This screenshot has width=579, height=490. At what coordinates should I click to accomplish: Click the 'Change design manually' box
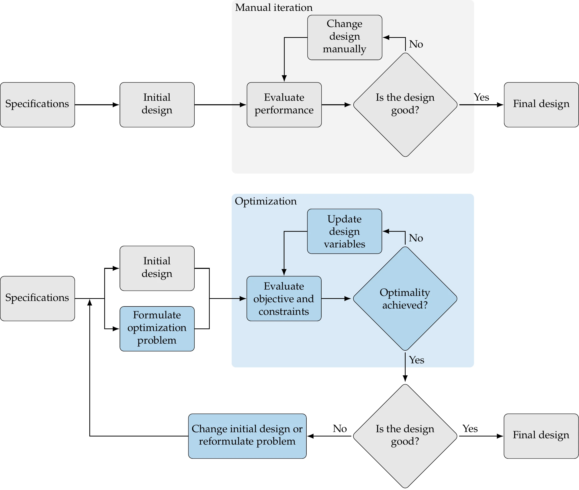[x=345, y=38]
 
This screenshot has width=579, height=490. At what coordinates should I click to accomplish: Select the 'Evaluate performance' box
[x=284, y=105]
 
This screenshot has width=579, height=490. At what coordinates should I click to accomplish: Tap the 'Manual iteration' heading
[x=274, y=8]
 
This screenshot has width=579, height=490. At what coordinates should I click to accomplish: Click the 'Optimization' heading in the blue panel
[x=266, y=201]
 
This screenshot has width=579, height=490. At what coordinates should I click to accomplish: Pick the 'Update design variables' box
[x=344, y=231]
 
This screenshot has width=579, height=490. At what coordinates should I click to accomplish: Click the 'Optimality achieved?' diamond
[x=405, y=299]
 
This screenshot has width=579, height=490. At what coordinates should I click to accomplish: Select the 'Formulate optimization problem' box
[x=157, y=329]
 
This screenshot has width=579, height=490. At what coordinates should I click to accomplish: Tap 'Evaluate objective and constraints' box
[x=284, y=299]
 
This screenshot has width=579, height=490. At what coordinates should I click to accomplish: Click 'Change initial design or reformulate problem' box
[x=247, y=436]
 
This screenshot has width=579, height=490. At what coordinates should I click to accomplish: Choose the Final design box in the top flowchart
[x=541, y=105]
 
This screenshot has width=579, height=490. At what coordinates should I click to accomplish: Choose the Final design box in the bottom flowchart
[x=541, y=436]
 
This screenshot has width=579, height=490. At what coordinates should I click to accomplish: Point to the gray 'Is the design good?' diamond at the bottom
[x=405, y=436]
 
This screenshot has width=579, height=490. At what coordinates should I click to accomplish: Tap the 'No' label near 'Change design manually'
[x=416, y=44]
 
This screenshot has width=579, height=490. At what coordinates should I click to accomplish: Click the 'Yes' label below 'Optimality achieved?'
[x=416, y=360]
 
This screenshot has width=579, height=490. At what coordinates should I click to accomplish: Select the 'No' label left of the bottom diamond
[x=340, y=429]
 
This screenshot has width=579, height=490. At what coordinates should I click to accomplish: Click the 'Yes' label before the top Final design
[x=481, y=97]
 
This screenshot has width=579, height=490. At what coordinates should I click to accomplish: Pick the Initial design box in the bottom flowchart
[x=157, y=268]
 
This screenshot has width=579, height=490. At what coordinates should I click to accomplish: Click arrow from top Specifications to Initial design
[x=97, y=105]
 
